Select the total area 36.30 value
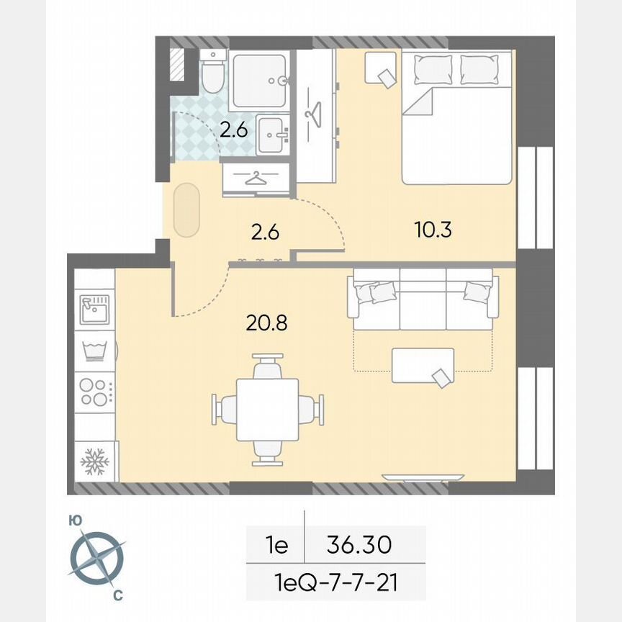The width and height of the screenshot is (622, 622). (359, 544)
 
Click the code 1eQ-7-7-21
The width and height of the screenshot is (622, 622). (337, 580)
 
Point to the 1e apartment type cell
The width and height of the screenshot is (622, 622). (275, 545)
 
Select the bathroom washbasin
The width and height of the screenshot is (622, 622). (273, 134)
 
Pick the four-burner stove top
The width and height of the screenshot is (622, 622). (94, 392)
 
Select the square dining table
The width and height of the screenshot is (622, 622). (267, 410)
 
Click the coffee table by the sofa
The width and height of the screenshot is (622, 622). (423, 365)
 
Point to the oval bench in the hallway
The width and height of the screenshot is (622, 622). (186, 209)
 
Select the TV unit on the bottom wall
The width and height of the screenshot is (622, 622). (423, 477)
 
